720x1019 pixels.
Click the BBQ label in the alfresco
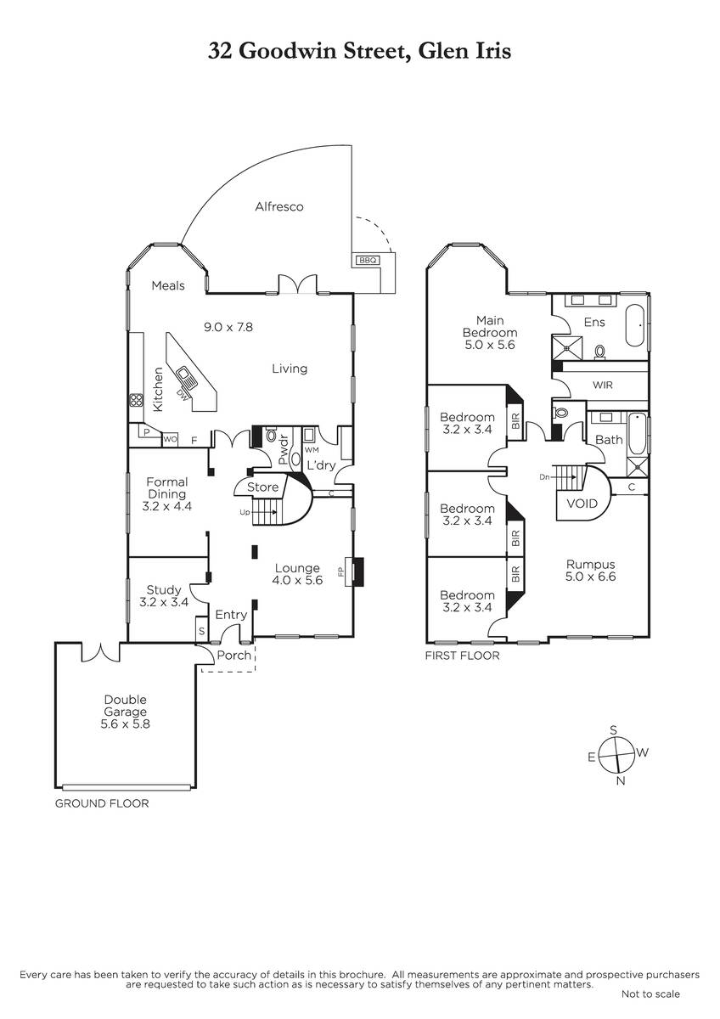[367, 260]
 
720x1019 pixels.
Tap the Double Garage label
[126, 712]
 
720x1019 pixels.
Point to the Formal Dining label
[167, 494]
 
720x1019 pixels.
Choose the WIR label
[603, 385]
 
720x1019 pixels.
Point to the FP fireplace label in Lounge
[343, 571]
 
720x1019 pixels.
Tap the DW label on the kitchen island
[181, 394]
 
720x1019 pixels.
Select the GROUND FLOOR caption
[102, 802]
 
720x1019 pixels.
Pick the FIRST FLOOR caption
[462, 656]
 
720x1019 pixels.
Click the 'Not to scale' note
[650, 994]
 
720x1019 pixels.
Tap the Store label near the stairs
[262, 487]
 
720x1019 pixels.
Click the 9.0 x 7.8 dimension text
[229, 326]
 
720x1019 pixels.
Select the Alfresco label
[279, 206]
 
